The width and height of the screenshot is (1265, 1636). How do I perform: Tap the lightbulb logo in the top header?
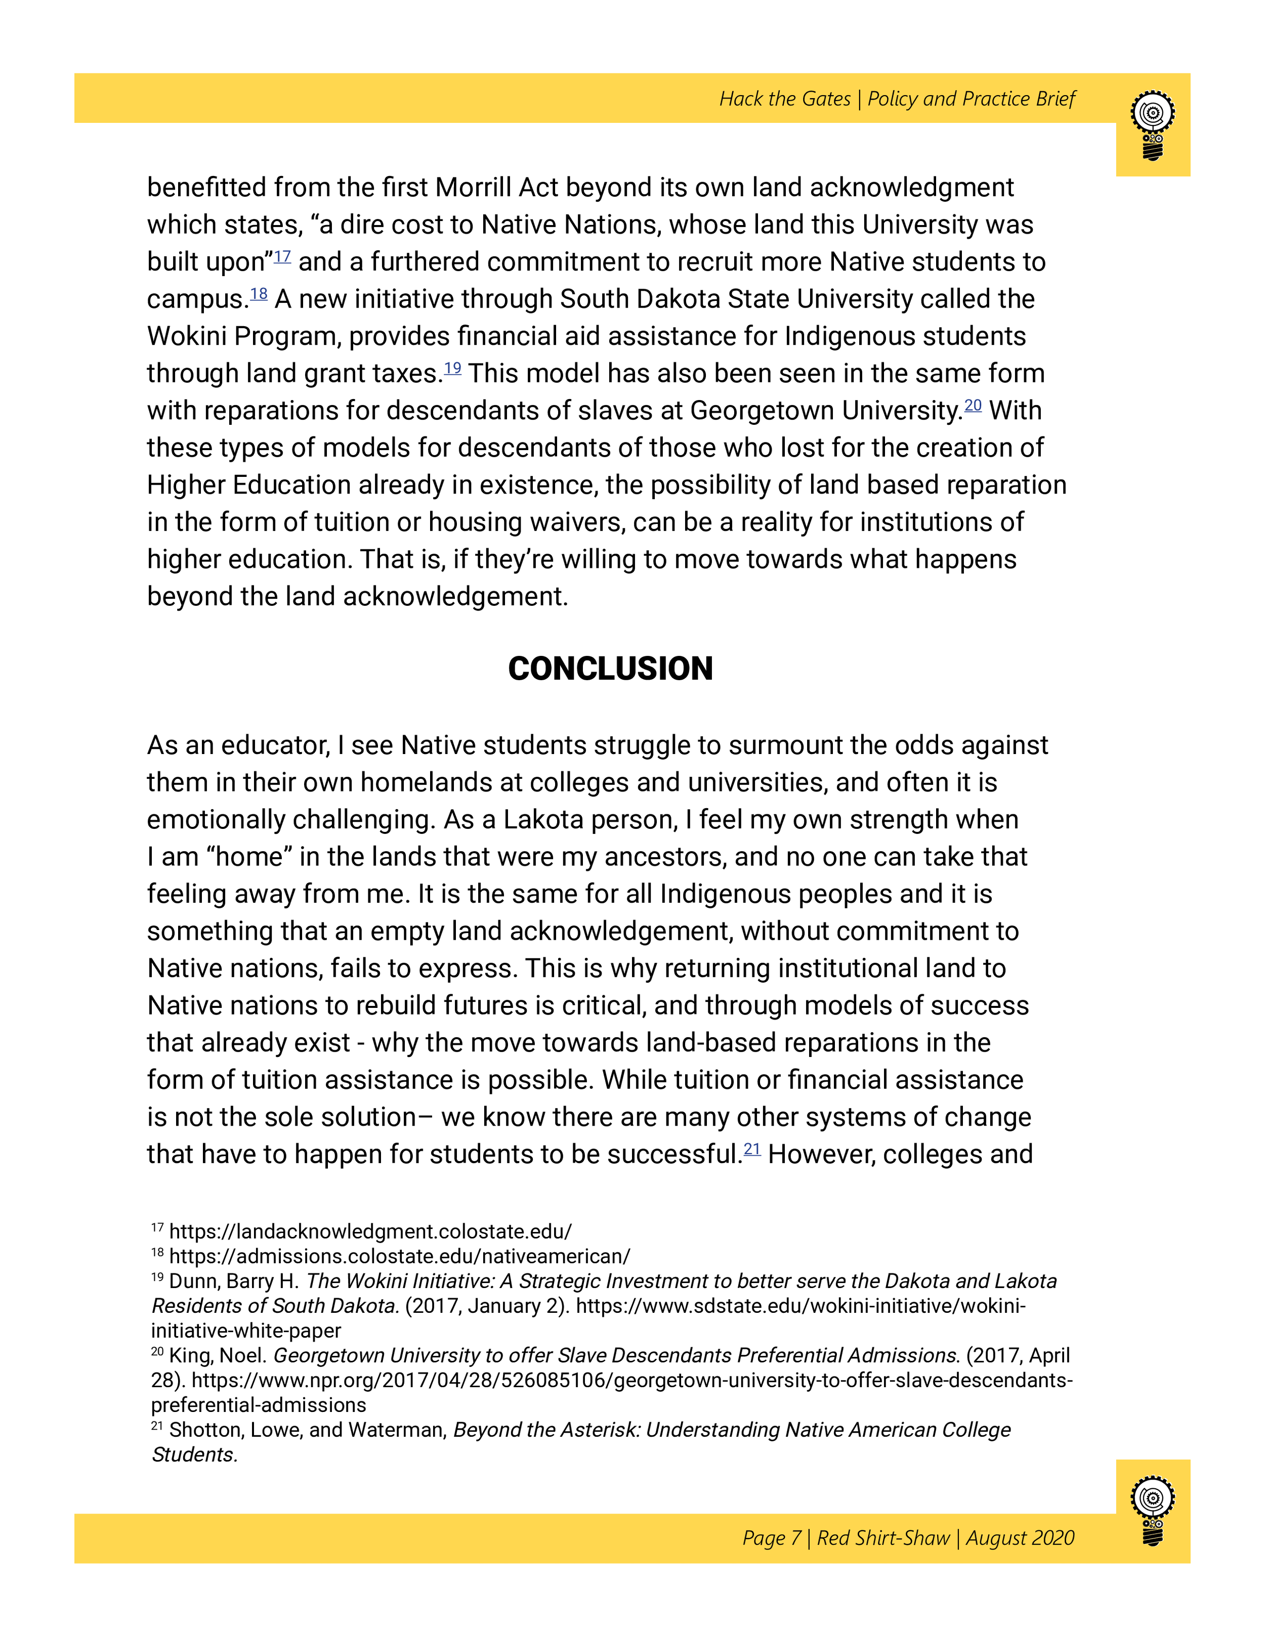pyautogui.click(x=1153, y=125)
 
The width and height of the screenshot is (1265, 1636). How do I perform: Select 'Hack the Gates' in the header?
pyautogui.click(x=785, y=99)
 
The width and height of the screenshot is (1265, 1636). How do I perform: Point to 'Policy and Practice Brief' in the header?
pyautogui.click(x=971, y=99)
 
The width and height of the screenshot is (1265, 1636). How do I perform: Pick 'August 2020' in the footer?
pyautogui.click(x=1020, y=1538)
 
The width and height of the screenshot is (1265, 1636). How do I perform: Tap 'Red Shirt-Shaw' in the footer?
pyautogui.click(x=883, y=1538)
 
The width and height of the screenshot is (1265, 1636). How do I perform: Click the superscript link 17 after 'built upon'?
pyautogui.click(x=282, y=256)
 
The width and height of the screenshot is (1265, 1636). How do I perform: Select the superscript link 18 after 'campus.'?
pyautogui.click(x=259, y=294)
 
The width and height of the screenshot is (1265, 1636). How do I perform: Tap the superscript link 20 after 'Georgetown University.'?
pyautogui.click(x=973, y=405)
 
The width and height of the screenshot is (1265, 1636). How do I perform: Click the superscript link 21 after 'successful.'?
pyautogui.click(x=751, y=1149)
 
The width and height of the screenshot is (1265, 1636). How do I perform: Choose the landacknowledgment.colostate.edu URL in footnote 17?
pyautogui.click(x=370, y=1231)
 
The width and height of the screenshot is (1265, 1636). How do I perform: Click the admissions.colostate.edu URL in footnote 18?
pyautogui.click(x=399, y=1256)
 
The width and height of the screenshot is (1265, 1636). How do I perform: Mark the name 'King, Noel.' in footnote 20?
pyautogui.click(x=218, y=1355)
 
